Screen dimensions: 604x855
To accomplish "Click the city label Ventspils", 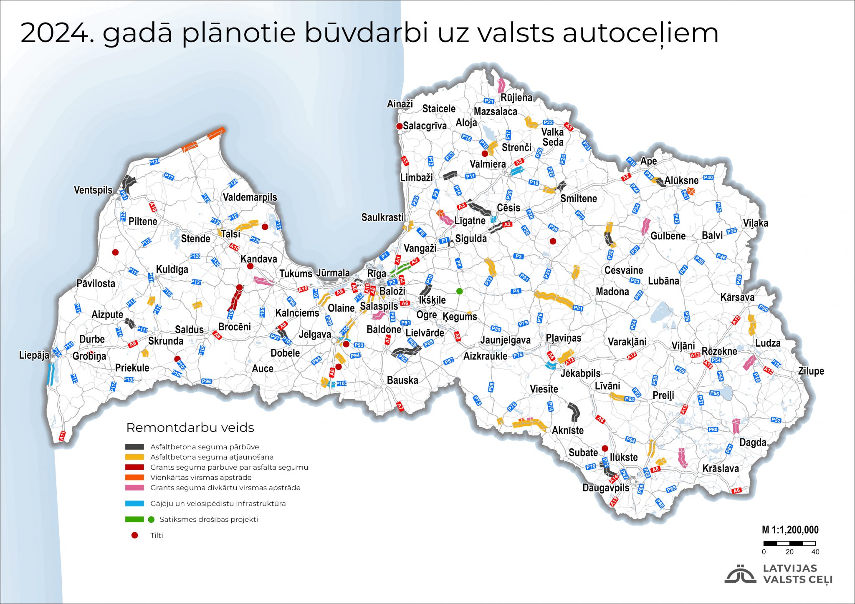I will (x=93, y=190).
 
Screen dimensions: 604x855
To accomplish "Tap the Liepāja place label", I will (x=34, y=355).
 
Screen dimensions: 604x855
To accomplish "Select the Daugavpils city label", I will (x=606, y=488).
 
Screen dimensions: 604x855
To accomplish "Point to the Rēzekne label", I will (x=719, y=351).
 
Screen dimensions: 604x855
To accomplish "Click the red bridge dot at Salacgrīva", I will (x=399, y=126).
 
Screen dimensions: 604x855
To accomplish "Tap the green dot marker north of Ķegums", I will (x=459, y=291).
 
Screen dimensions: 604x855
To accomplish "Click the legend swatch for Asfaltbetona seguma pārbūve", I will (x=134, y=447).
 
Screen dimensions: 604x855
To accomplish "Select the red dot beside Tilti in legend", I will (x=134, y=535).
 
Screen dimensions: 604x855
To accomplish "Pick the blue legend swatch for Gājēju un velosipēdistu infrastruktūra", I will (x=134, y=503).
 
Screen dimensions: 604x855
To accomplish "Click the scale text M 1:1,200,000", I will (x=790, y=530).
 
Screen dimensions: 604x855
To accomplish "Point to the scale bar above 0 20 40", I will (x=789, y=544).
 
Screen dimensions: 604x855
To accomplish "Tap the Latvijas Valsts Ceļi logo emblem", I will (x=740, y=574).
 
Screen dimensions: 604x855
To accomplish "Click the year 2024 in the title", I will (x=57, y=33).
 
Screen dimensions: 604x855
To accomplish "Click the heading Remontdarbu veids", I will (x=190, y=428).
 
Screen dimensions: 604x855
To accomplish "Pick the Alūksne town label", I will (x=681, y=180).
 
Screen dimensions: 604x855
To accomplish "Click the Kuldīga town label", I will (x=172, y=269).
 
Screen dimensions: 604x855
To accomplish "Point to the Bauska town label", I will (x=402, y=380).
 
